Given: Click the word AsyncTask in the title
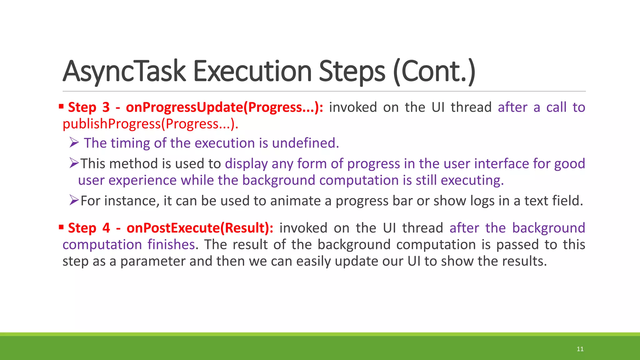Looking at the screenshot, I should [124, 72].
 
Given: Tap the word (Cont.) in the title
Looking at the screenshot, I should [434, 72].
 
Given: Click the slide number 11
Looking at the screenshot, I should [580, 349].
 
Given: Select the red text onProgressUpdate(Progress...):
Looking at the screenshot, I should [224, 107].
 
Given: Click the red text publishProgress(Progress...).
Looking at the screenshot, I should [150, 124].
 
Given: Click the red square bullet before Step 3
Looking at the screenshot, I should [61, 107].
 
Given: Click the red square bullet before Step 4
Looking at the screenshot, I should [61, 227].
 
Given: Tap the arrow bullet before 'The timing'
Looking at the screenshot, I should [74, 143].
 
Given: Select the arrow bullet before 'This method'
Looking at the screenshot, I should [74, 163].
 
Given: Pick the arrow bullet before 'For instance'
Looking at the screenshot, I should [74, 200].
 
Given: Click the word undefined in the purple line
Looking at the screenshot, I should [305, 143].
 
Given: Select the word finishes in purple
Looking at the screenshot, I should [171, 244].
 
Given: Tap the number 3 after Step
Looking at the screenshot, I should [106, 107].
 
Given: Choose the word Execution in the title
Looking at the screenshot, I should [252, 72].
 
